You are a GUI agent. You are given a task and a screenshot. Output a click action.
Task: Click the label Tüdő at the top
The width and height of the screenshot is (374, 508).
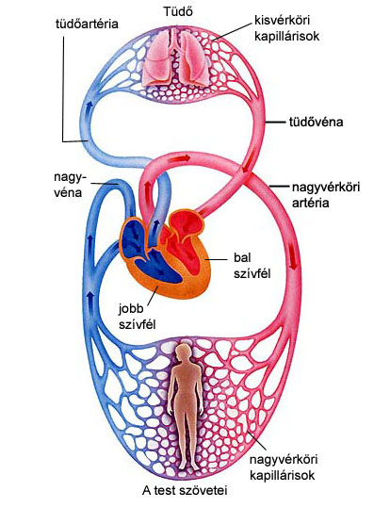[178, 12]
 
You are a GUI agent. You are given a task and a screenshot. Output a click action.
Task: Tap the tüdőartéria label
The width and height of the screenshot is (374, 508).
[87, 25]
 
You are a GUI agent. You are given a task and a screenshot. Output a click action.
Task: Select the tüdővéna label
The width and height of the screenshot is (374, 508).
[316, 123]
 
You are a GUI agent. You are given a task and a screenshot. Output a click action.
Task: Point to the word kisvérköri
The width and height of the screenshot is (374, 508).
[282, 21]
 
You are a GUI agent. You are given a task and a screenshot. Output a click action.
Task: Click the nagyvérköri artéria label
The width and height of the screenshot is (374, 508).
[326, 195]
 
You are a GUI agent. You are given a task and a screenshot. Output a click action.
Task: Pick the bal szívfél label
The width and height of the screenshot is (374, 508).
[252, 266]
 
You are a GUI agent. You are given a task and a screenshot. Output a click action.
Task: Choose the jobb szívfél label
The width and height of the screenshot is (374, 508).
[137, 317]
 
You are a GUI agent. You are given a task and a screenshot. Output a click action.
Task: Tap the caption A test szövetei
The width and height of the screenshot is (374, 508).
[185, 490]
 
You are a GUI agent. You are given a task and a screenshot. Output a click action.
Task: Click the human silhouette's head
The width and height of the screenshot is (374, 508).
[184, 352]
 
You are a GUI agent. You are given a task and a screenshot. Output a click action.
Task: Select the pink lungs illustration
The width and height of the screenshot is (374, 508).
[177, 59]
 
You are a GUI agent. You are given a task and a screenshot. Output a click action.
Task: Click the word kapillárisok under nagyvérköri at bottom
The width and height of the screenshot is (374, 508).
[283, 475]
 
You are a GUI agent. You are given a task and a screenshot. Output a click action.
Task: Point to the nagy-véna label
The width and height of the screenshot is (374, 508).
[70, 185]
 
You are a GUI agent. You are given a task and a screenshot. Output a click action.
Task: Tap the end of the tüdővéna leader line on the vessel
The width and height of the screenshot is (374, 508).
[267, 123]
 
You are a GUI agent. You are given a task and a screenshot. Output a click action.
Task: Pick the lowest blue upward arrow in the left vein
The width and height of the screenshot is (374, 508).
[91, 299]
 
